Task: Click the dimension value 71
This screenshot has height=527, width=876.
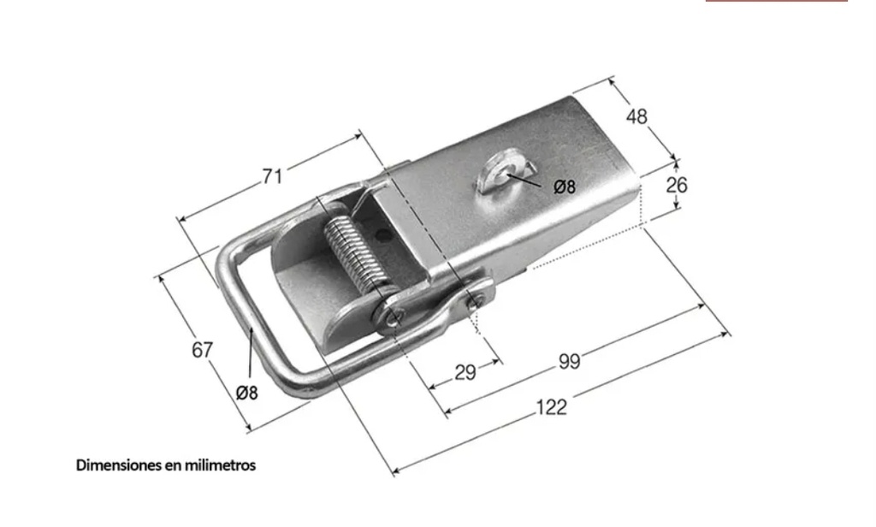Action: (x=272, y=176)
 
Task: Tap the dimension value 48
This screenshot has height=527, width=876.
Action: (x=636, y=116)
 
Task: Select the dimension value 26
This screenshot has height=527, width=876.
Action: (x=676, y=185)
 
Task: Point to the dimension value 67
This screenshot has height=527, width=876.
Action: (x=202, y=350)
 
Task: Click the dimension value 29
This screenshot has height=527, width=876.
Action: (x=465, y=372)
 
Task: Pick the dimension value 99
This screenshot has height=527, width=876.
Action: (x=569, y=362)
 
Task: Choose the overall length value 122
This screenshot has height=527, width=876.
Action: (x=552, y=407)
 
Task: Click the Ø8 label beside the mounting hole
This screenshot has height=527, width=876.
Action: (x=565, y=187)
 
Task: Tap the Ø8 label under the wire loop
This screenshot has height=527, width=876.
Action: (x=247, y=394)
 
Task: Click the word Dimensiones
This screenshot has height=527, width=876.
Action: (x=119, y=465)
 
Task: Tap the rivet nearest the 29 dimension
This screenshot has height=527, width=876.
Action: (x=474, y=302)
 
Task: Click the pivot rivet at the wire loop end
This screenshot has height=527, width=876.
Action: (x=394, y=317)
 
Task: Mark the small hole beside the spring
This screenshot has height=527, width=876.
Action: (x=383, y=235)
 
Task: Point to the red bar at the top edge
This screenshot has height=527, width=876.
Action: (x=777, y=1)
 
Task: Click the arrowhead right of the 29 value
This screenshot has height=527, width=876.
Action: (x=497, y=363)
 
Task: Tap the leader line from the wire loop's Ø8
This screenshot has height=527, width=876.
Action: (x=251, y=355)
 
